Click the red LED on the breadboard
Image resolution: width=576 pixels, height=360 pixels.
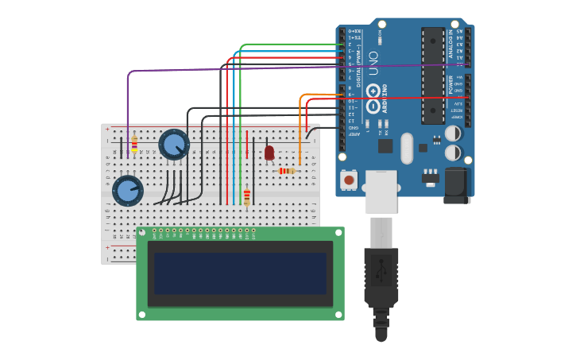pyautogui.click(x=269, y=151)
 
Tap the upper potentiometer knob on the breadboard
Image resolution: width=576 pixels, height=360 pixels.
pyautogui.click(x=173, y=144)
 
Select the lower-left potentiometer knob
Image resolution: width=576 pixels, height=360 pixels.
pyautogui.click(x=127, y=191)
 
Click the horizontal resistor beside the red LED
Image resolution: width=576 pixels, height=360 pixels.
pyautogui.click(x=286, y=170)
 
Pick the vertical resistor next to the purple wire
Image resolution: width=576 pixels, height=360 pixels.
pyautogui.click(x=134, y=144)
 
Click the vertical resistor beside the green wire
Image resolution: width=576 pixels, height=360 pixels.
pyautogui.click(x=246, y=196)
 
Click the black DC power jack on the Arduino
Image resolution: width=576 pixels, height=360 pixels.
pyautogui.click(x=457, y=185)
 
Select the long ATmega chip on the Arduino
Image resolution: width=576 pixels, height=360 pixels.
pyautogui.click(x=432, y=75)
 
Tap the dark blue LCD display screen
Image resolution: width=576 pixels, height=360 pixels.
pyautogui.click(x=240, y=273)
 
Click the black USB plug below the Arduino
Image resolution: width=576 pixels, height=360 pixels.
pyautogui.click(x=381, y=286)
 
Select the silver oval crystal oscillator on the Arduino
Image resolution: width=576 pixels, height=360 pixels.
pyautogui.click(x=408, y=148)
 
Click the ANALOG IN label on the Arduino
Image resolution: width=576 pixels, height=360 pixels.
pyautogui.click(x=450, y=42)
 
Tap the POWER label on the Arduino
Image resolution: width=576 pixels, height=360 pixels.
pyautogui.click(x=450, y=83)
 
